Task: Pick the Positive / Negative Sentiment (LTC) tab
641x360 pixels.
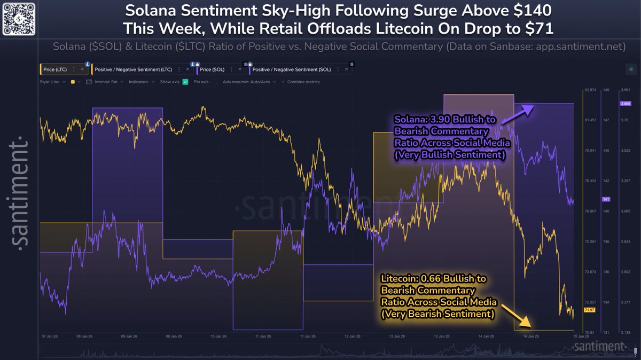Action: coord(136,69)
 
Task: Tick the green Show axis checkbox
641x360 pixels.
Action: coord(185,82)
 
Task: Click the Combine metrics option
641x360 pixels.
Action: coord(303,82)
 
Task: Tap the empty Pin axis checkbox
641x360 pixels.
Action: coord(214,82)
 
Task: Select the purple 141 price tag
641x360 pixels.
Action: coord(606,199)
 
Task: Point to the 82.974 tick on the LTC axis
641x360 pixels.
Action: coord(590,90)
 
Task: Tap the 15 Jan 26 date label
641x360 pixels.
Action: coord(581,337)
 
